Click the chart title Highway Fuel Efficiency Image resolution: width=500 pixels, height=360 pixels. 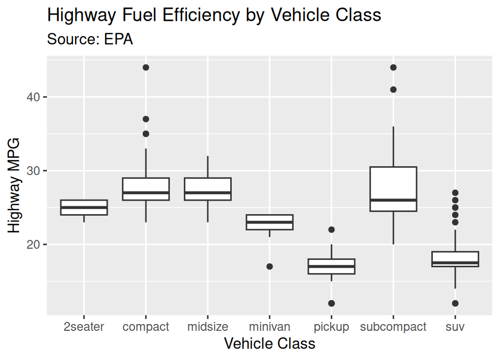[214, 15]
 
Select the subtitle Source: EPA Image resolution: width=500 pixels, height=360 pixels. [90, 39]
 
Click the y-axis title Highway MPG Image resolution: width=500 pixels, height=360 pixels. [14, 185]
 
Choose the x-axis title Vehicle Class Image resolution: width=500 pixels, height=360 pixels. [269, 344]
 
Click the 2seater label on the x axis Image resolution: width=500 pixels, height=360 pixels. [84, 327]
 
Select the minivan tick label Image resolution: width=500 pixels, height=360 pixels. [269, 327]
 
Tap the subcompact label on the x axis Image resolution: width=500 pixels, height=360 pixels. [393, 327]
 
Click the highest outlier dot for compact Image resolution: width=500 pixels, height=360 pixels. [146, 68]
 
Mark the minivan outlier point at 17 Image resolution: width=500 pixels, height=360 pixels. [269, 266]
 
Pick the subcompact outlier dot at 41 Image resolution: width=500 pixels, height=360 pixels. [393, 90]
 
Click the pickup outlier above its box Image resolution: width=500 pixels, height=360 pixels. [331, 230]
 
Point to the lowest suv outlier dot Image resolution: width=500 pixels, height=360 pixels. [455, 303]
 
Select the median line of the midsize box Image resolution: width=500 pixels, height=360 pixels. [207, 193]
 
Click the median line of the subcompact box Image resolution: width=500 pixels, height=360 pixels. [393, 200]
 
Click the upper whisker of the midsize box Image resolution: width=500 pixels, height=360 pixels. [207, 167]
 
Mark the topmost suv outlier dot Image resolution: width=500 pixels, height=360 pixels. [455, 193]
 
